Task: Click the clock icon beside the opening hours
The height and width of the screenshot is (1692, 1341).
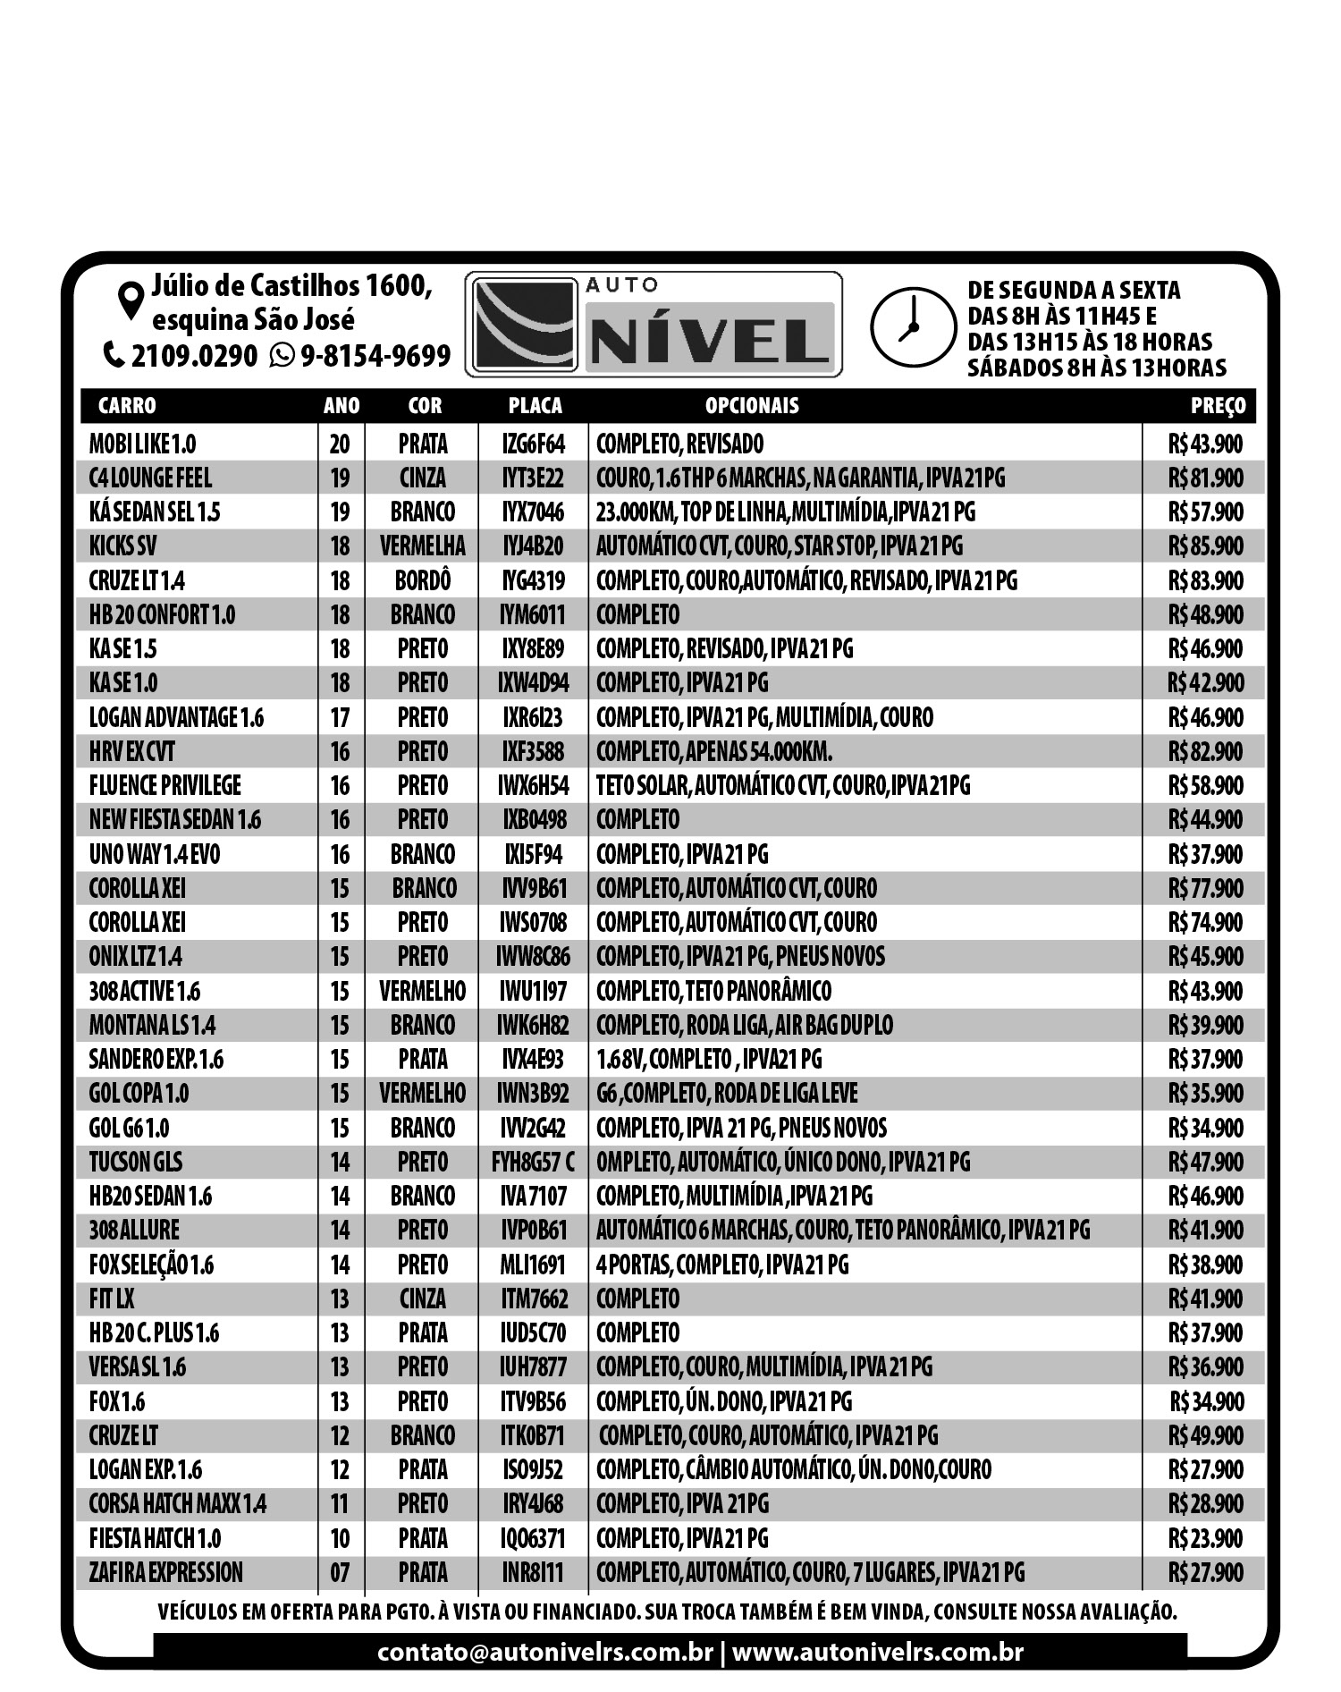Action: (x=908, y=326)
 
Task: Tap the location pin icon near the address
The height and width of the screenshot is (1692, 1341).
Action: (x=131, y=300)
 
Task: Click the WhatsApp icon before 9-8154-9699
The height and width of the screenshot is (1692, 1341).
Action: (x=283, y=356)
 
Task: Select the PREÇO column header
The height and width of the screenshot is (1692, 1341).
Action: (x=1218, y=406)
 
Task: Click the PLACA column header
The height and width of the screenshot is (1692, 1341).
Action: (x=535, y=406)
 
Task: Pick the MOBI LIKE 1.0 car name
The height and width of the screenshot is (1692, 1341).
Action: (x=142, y=444)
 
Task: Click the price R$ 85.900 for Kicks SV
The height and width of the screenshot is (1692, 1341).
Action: (x=1205, y=546)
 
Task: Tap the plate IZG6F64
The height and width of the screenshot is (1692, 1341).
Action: (x=534, y=444)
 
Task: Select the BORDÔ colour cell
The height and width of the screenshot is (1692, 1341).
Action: (x=423, y=580)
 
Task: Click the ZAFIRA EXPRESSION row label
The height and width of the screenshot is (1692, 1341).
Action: (x=165, y=1572)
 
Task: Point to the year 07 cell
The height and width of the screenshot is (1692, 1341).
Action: (x=340, y=1572)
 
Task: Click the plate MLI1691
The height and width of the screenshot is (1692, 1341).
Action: (x=534, y=1265)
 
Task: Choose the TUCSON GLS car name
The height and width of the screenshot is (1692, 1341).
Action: (x=135, y=1162)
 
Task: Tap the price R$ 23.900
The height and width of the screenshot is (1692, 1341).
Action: (x=1205, y=1538)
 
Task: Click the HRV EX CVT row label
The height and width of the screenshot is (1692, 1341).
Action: (x=131, y=751)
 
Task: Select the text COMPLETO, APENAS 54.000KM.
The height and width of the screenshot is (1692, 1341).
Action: (x=714, y=751)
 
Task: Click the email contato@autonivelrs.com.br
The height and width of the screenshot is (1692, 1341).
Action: (x=544, y=1652)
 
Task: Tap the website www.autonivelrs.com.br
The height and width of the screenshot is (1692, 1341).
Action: (x=877, y=1652)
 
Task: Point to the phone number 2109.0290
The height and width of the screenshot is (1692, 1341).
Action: (x=194, y=356)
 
